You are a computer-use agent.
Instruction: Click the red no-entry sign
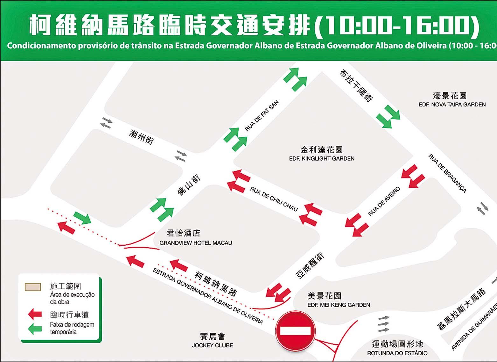295,331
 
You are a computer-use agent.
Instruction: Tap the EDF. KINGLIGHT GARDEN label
322,158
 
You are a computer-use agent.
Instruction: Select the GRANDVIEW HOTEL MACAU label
196,243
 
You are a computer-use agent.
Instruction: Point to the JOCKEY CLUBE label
212,345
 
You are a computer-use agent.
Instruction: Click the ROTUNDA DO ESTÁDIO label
397,353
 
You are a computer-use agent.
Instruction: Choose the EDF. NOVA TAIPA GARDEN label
452,105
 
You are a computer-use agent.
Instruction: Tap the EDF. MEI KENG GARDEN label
339,305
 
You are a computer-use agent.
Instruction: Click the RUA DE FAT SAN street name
262,116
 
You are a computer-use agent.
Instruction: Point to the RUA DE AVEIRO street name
384,202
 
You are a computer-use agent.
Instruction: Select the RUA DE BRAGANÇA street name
447,173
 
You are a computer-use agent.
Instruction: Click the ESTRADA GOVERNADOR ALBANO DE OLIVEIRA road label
208,296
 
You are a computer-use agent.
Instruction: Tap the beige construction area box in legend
33,287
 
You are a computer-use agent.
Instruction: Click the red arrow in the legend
35,315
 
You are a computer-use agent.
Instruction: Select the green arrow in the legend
35,329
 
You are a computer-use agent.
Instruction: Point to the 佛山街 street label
189,185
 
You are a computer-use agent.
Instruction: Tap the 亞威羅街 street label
310,266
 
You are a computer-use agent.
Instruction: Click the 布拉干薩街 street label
356,85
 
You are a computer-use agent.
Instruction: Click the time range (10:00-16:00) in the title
396,25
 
